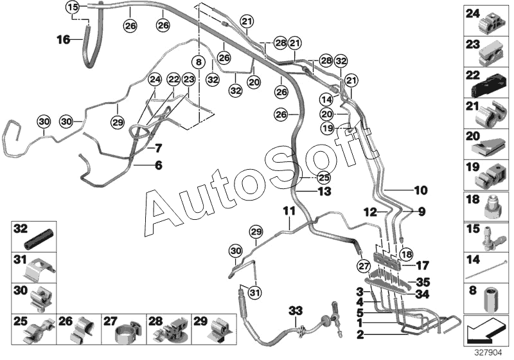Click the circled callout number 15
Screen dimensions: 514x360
73,7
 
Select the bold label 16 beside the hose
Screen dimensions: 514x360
64,40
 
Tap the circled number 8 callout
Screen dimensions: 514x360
199,61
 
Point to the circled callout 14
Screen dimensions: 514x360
327,99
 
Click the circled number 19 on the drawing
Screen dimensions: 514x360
328,128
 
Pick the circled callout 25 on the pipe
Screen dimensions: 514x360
324,177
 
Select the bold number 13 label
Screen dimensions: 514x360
324,191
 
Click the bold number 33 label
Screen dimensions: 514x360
296,310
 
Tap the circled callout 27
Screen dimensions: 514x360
364,266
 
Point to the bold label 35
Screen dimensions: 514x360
423,282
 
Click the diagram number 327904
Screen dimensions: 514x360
488,353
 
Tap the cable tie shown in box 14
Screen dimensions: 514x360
487,272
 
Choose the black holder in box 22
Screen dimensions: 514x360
488,87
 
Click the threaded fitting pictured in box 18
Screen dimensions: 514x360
491,207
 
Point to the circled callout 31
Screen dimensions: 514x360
255,292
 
